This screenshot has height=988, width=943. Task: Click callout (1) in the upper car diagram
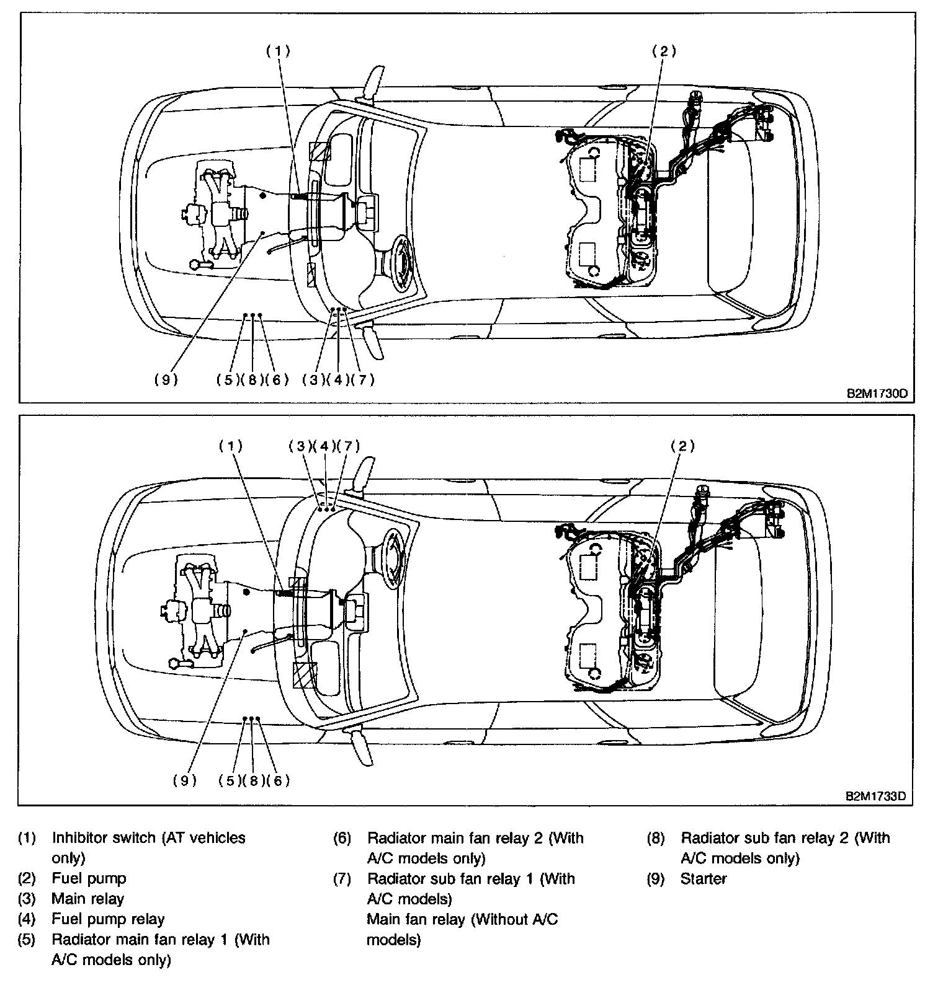(x=278, y=51)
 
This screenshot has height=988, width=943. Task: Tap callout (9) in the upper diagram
(x=166, y=379)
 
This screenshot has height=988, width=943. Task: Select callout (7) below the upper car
(x=362, y=379)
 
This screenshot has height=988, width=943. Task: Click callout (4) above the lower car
(x=324, y=446)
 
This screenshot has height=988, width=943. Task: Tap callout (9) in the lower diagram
(x=184, y=780)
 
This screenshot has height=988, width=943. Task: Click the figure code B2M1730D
(x=880, y=394)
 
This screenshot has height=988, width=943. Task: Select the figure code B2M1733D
(x=880, y=796)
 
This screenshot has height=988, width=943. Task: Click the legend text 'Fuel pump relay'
(x=108, y=919)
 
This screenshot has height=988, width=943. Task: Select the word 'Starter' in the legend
(x=703, y=878)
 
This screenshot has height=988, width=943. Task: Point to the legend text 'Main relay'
(x=87, y=898)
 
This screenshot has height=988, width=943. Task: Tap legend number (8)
(x=656, y=838)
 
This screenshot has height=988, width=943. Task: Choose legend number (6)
(x=342, y=838)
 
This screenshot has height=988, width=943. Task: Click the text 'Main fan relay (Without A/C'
(x=462, y=919)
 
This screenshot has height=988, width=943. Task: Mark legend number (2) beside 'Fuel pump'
(x=27, y=878)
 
